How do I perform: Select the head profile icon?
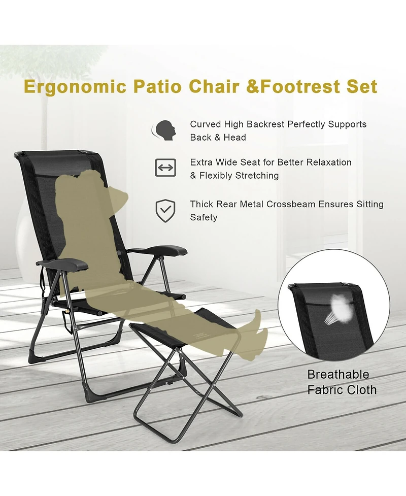(164, 130)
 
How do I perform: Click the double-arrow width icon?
(165, 168)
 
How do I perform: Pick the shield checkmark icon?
(165, 211)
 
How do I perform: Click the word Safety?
(204, 217)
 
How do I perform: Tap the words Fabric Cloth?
(342, 390)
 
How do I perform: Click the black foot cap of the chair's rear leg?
(36, 356)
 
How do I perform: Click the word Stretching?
(250, 176)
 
